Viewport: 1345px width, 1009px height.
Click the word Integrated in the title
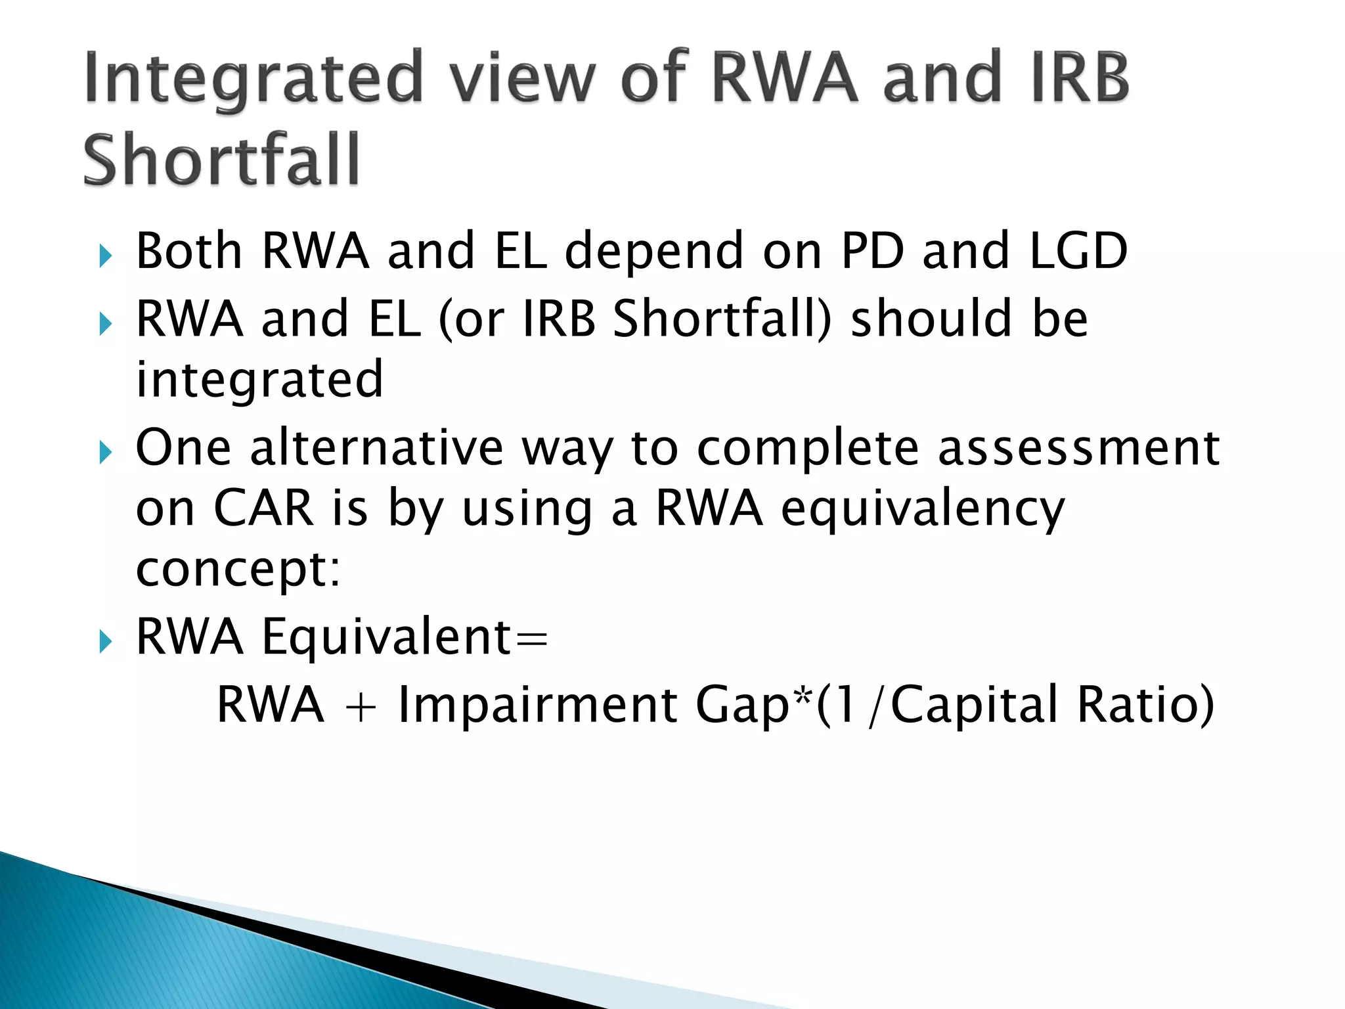(253, 79)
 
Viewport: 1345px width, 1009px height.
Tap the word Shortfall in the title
(221, 160)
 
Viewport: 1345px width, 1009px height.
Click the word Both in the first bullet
(189, 251)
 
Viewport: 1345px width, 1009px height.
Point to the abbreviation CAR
(263, 508)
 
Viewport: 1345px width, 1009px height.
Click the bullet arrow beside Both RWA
(106, 256)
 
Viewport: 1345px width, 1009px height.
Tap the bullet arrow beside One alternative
(106, 452)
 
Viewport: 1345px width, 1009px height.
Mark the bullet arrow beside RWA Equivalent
(106, 641)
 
